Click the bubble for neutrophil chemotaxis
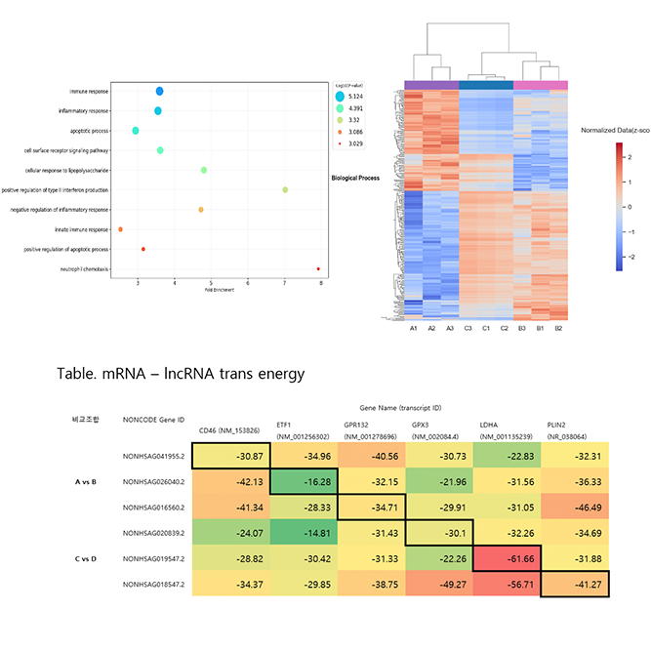coord(318,268)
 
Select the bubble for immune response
coord(159,91)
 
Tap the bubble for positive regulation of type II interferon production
coord(285,189)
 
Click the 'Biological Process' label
coord(355,179)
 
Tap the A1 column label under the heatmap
coord(414,329)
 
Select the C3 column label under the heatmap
coord(468,329)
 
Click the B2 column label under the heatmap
coord(558,329)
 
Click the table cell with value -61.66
coord(506,561)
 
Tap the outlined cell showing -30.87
coord(230,456)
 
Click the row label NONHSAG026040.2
coord(154,482)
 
